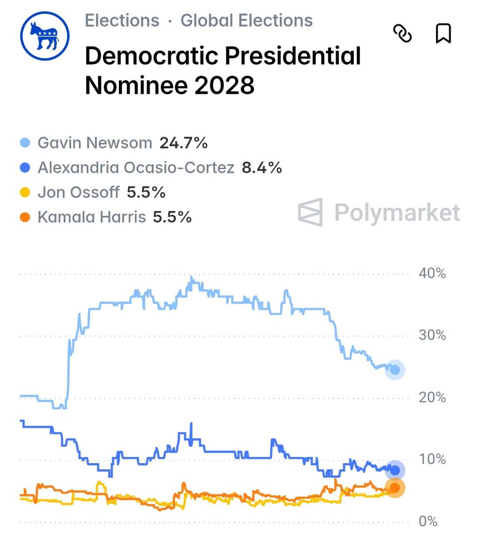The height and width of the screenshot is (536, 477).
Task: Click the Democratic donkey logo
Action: point(45,36)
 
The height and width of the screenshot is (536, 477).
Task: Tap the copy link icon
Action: point(402,33)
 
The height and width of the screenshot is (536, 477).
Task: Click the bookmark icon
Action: point(443,33)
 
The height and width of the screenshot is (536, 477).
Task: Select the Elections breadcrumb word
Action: point(122,21)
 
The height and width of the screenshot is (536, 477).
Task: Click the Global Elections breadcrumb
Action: point(246,21)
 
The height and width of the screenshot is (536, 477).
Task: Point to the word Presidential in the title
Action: point(292,56)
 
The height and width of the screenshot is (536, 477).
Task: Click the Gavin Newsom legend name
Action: point(95,143)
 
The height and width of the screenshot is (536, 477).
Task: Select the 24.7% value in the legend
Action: point(184,143)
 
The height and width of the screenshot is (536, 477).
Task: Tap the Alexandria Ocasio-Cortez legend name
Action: point(136,167)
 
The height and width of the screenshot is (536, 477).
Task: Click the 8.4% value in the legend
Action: point(262,167)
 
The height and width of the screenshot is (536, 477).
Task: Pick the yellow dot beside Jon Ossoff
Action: point(25,193)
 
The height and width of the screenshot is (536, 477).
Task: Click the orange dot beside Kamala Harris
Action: point(25,218)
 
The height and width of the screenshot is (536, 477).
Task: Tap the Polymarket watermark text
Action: point(397,212)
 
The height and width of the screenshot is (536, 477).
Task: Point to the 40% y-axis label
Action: point(432,273)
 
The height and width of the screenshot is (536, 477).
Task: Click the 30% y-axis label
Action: point(432,335)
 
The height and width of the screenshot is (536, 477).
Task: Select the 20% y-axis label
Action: point(432,397)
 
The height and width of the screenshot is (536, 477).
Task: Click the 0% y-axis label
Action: point(428,521)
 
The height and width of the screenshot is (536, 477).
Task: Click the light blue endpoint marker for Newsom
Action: point(395,370)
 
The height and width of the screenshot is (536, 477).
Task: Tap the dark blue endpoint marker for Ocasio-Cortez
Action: point(395,470)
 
